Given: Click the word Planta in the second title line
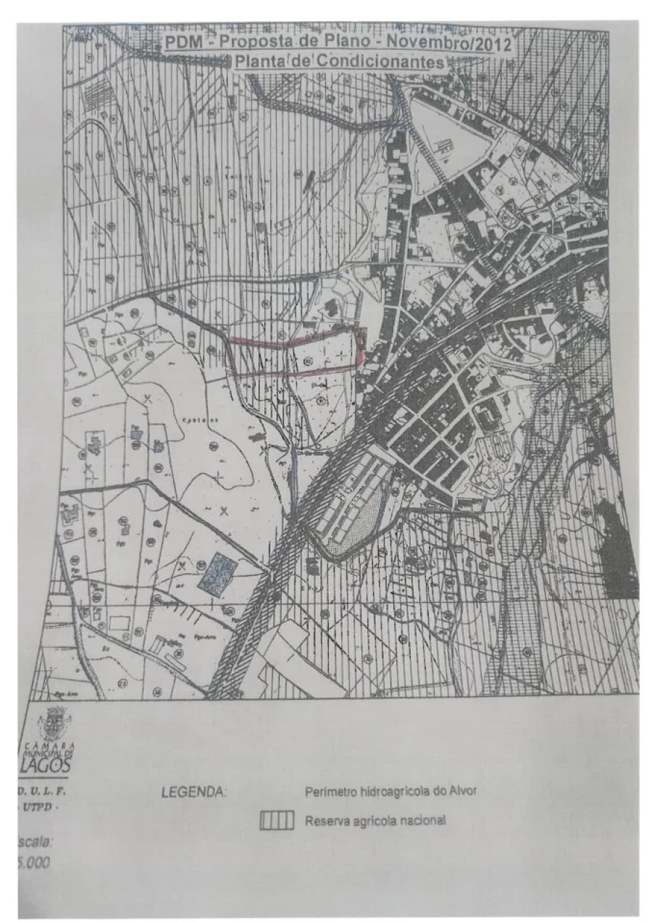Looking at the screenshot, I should click(259, 62).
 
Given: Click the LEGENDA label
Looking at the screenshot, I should click(194, 793).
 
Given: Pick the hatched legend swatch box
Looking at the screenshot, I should click(276, 821).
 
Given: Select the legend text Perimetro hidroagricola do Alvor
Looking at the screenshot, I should click(390, 791).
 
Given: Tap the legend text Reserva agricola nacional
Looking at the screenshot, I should click(375, 821).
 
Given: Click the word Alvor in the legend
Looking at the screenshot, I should click(461, 791).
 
